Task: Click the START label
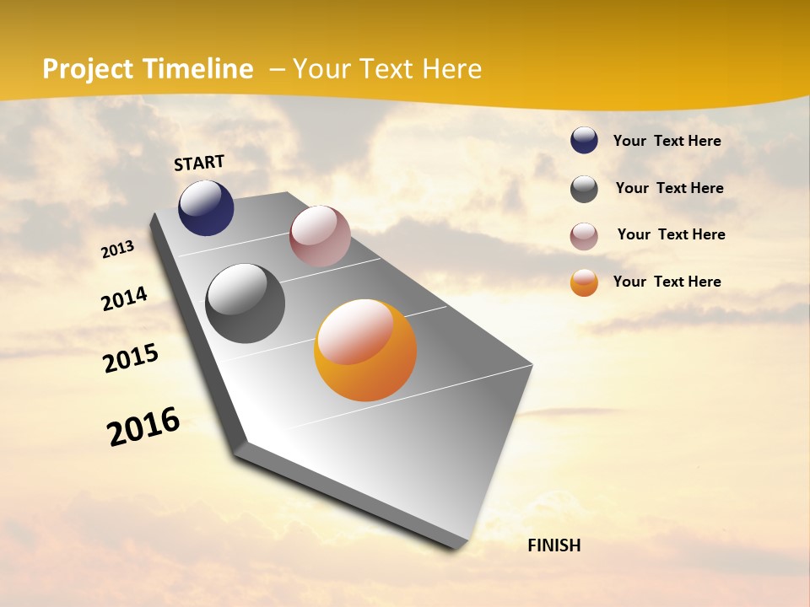[199, 163]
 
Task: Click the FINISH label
[554, 545]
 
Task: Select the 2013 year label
[118, 250]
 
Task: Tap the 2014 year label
[125, 298]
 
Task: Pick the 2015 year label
[131, 358]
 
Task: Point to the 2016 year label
[143, 426]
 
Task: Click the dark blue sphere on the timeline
[206, 208]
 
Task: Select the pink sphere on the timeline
[320, 236]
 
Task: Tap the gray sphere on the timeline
[246, 303]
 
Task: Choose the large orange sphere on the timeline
[365, 351]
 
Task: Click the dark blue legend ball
[584, 141]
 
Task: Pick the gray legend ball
[584, 189]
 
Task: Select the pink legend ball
[584, 235]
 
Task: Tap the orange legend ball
[584, 282]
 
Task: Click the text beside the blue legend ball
[667, 141]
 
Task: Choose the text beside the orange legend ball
[667, 282]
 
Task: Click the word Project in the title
[88, 69]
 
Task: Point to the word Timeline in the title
[197, 69]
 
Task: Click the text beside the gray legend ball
[670, 188]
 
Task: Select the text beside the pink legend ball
[672, 234]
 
